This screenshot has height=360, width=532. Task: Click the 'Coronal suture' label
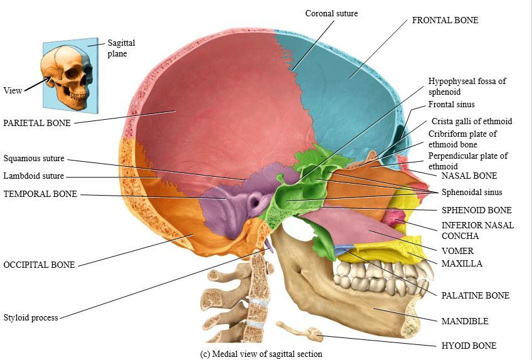[331, 13]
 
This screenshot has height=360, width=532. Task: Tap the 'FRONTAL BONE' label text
[445, 20]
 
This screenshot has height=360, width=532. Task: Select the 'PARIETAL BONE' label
[37, 122]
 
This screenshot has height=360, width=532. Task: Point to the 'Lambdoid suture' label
[33, 176]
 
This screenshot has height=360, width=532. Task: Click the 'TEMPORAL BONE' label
[40, 194]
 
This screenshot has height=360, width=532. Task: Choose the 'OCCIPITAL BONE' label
[39, 265]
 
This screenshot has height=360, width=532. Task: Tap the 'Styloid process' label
[31, 317]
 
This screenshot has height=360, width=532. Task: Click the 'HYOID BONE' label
[469, 346]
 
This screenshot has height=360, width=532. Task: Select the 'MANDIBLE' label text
[464, 321]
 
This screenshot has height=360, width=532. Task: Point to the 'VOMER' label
[457, 251]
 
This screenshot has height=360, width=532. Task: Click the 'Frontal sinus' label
[451, 105]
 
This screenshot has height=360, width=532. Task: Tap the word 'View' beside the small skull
[13, 90]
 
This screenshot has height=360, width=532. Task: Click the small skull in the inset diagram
[66, 75]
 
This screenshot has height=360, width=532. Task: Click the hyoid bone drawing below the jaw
[301, 331]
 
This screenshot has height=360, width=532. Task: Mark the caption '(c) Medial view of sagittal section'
[261, 354]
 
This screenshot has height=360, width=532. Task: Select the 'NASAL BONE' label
[469, 176]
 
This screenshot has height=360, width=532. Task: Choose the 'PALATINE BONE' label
[475, 295]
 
